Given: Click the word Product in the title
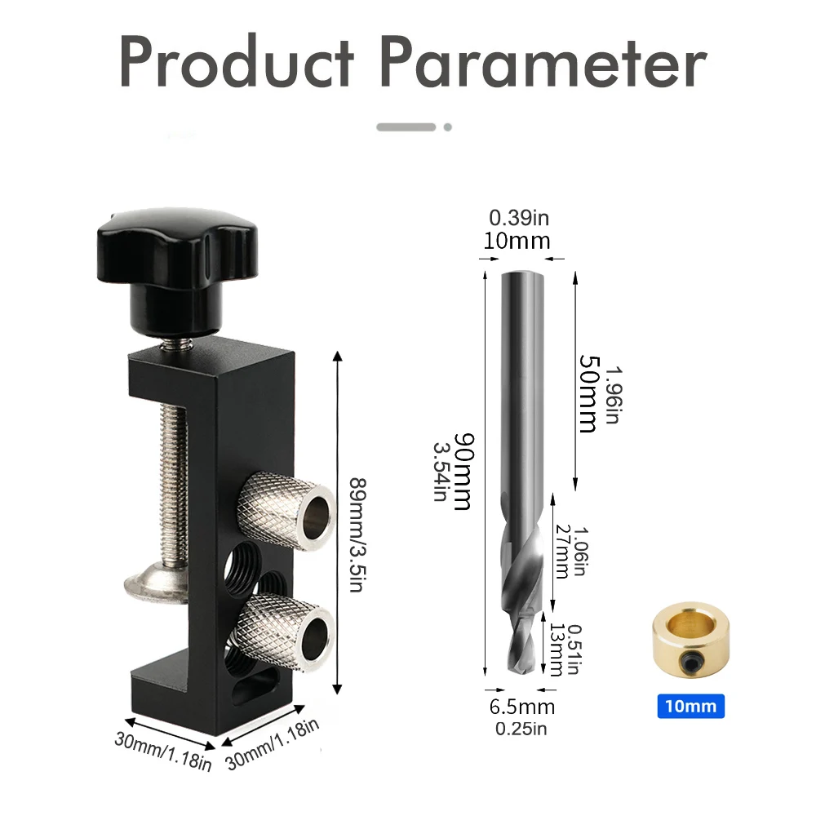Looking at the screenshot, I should coord(237,64).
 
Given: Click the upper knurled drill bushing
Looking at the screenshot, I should coord(286,506).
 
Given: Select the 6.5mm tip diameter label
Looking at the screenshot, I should coord(523,707).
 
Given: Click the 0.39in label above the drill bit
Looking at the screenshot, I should coord(520,218).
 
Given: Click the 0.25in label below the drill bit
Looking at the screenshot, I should coord(521,729).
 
